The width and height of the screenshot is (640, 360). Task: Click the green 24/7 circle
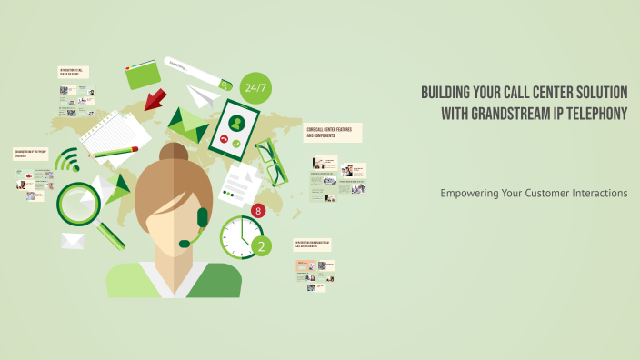pos(255,88)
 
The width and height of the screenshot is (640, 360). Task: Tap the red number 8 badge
pos(258,211)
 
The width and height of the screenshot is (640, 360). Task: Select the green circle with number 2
pos(261,245)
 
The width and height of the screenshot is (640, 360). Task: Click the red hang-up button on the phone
pos(224,141)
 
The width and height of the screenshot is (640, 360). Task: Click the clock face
pos(240,235)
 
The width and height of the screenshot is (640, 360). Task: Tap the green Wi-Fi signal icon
pos(67,162)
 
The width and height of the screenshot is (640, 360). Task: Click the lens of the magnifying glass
pos(77,203)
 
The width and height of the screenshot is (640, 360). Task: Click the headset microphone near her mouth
pos(185,243)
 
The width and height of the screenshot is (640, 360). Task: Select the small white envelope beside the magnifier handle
pos(73,241)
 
